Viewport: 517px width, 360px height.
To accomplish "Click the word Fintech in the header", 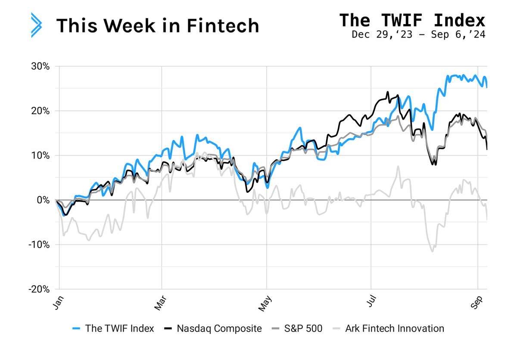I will [x=223, y=25].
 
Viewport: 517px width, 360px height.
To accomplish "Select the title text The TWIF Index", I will [x=412, y=20].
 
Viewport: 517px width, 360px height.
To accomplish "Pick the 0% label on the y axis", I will [x=43, y=200].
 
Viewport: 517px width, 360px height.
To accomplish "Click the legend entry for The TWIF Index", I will [x=113, y=329].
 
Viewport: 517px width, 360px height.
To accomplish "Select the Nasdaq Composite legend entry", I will [x=213, y=329].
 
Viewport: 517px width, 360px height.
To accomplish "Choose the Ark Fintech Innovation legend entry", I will [x=389, y=329].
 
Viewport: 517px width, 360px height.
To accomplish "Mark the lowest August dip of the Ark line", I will [x=432, y=251].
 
